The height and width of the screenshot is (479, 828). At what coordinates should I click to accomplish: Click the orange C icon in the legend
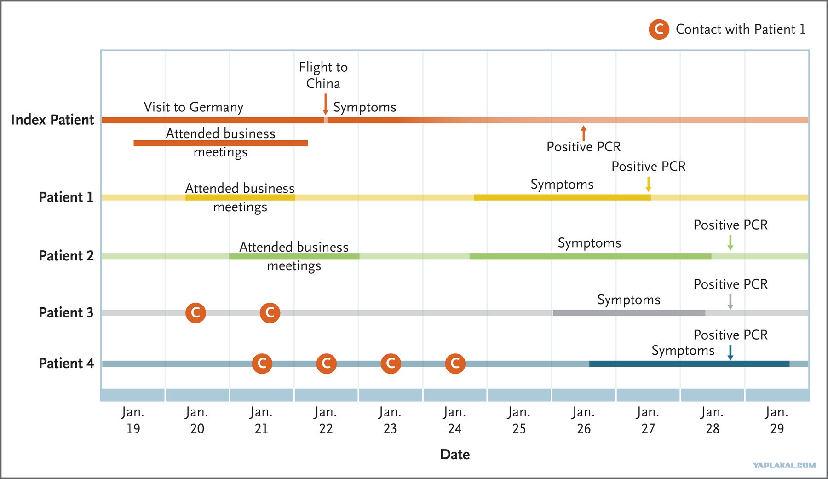(659, 29)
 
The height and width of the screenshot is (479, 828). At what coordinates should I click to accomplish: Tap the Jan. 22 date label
(326, 420)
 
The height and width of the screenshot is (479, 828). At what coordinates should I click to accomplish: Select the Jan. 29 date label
(776, 420)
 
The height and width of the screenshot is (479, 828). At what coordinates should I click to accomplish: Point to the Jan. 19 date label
(132, 420)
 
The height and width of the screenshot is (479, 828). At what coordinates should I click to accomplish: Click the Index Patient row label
(52, 120)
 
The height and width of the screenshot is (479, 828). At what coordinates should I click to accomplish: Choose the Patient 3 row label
(66, 312)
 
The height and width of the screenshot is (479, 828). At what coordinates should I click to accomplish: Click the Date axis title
(455, 455)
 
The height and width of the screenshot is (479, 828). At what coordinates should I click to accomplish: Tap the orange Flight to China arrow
(325, 104)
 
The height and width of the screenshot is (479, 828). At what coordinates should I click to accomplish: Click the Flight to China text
(323, 75)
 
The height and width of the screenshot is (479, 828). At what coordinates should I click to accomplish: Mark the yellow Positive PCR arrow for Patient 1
(648, 184)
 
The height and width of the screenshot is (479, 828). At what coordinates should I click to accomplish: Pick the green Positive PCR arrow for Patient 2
(730, 242)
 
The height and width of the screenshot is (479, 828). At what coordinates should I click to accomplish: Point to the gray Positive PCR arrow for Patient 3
(730, 301)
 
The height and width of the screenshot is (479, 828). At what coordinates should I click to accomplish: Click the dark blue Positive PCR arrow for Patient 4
(730, 352)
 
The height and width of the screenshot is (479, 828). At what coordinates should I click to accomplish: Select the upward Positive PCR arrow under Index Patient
(584, 133)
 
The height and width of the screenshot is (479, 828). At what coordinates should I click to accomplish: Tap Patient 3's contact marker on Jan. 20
(195, 313)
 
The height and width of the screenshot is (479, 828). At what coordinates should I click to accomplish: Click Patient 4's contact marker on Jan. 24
(455, 364)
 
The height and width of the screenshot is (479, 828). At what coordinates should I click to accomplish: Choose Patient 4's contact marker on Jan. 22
(326, 364)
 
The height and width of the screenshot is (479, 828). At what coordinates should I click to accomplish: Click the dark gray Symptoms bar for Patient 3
(629, 313)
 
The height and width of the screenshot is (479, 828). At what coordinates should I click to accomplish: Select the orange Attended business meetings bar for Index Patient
(220, 143)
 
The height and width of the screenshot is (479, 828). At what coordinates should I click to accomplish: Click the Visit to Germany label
(194, 107)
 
